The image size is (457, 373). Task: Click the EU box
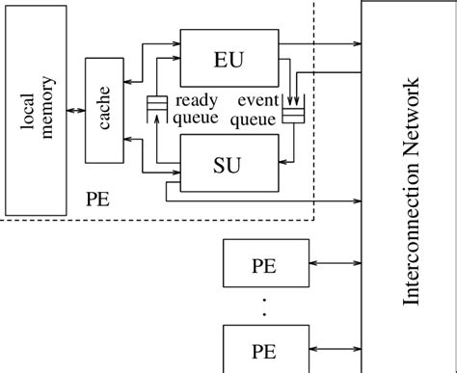click(228, 60)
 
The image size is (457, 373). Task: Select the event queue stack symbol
click(293, 115)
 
